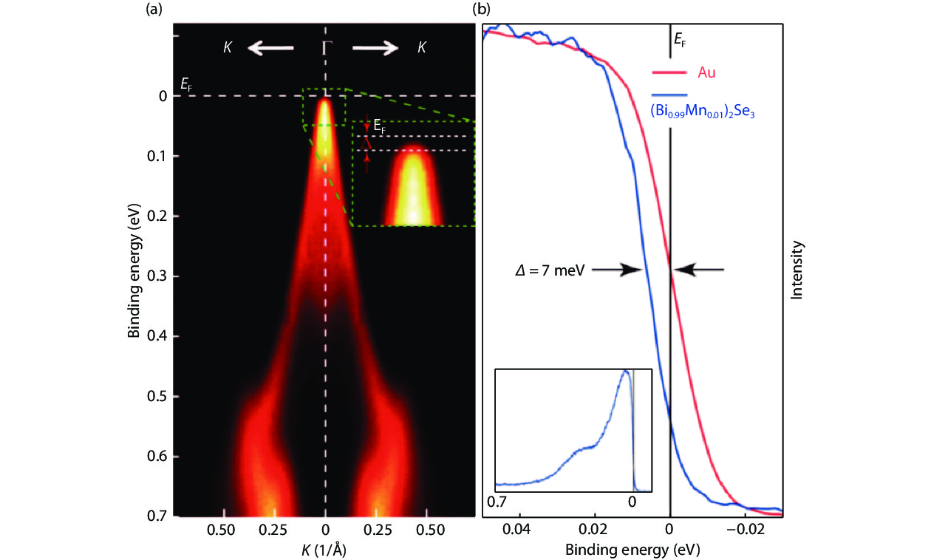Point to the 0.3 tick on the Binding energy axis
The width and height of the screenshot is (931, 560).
tap(157, 276)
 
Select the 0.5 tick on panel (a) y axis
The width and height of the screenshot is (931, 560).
tap(157, 397)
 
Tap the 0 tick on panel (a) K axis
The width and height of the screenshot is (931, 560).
tap(325, 530)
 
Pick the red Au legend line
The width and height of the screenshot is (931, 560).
tap(669, 72)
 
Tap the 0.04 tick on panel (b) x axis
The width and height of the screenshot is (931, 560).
tap(517, 530)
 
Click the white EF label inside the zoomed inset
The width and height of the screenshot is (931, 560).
tap(378, 128)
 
